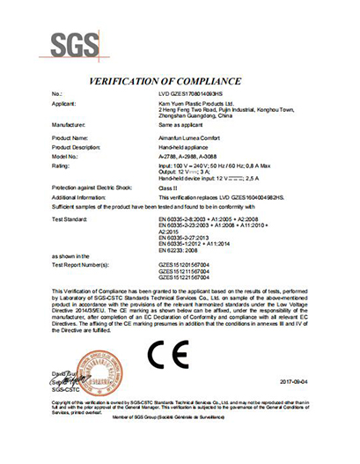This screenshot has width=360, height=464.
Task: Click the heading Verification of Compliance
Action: pos(180,79)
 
